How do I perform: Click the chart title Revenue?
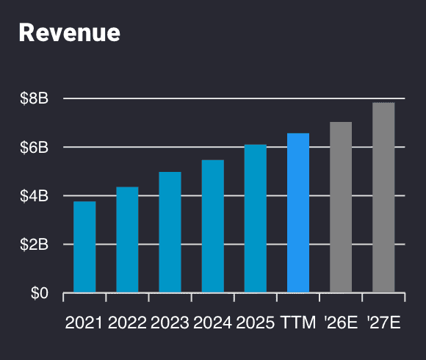69,32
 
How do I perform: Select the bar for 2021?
84,247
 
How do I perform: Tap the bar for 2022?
127,240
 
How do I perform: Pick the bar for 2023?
170,232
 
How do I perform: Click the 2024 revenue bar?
213,226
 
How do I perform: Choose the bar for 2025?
256,219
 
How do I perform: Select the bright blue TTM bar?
298,213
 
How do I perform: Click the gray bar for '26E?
341,207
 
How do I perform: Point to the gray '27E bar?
383,198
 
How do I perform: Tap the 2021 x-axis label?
84,323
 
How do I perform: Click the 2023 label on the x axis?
170,323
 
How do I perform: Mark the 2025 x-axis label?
256,323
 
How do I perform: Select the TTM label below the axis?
298,323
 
